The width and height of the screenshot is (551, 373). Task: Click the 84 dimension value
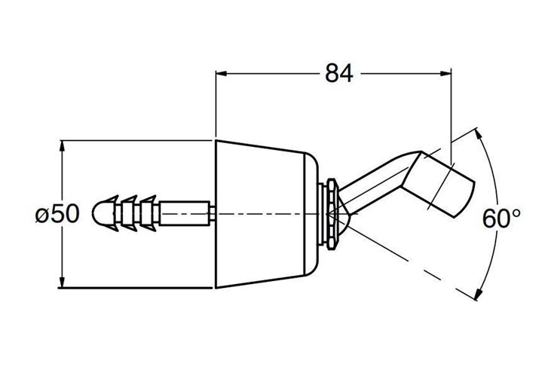tap(338, 73)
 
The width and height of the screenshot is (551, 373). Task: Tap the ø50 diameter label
tap(57, 214)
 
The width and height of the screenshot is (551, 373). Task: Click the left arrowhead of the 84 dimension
tap(221, 73)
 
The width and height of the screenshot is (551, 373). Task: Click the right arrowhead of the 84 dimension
tap(445, 73)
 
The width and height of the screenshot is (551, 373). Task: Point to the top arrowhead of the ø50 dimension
tap(63, 145)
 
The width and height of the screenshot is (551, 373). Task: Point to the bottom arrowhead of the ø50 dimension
tap(63, 283)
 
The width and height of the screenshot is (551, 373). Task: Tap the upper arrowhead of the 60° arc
tap(478, 134)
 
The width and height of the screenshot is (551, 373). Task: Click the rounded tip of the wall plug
tap(99, 213)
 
